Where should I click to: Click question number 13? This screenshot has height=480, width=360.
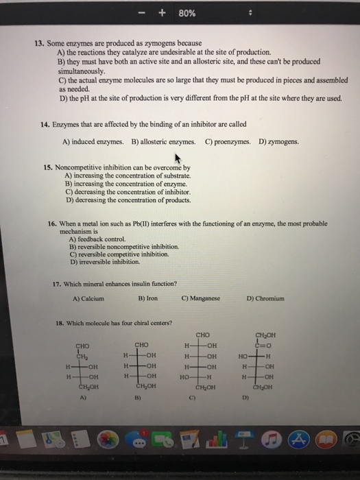40,43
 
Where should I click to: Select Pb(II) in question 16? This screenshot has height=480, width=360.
139,224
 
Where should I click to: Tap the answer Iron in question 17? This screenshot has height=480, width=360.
146,298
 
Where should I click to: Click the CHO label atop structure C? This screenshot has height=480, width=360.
203,335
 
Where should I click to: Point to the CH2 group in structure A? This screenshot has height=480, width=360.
83,355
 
